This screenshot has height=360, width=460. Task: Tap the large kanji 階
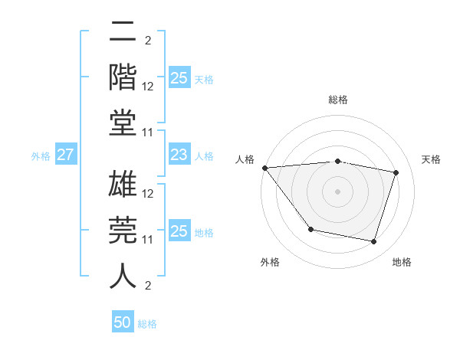123,79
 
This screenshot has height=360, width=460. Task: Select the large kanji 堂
123,122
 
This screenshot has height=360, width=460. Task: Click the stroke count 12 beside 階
148,87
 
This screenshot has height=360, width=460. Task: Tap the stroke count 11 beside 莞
148,240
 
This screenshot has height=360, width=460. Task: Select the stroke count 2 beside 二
148,41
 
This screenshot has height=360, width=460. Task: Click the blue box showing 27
65,155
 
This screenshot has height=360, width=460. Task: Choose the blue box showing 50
123,322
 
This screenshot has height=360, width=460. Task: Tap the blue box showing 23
179,155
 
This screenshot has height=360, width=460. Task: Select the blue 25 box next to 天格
179,78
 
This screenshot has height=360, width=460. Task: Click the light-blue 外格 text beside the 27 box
41,156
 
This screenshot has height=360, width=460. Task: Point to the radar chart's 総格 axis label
337,100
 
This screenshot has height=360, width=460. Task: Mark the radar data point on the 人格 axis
264,168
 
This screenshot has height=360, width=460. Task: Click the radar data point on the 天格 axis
396,172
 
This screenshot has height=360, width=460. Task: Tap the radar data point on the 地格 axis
373,242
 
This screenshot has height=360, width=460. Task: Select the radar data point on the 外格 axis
310,229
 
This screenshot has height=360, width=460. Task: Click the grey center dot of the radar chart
337,191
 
